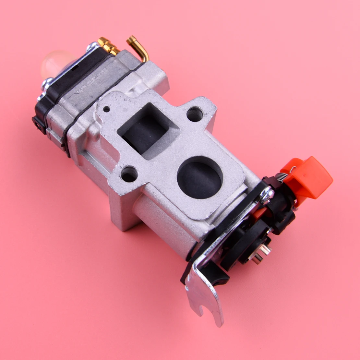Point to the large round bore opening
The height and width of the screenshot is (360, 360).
click(200, 177)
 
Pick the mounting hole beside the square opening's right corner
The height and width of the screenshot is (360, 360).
click(195, 114)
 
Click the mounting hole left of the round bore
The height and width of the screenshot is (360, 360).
click(129, 174)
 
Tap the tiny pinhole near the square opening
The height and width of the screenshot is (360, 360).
click(106, 109)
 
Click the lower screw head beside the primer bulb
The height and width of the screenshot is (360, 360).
click(47, 84)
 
